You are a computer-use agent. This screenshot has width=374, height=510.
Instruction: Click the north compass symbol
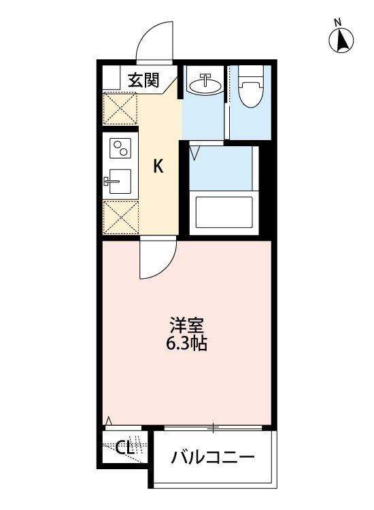click(x=342, y=41)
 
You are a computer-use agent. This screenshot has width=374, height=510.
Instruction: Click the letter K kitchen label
click(x=157, y=165)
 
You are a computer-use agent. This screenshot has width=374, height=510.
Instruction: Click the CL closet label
click(x=123, y=448)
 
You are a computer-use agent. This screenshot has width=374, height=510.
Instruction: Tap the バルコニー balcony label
click(x=212, y=456)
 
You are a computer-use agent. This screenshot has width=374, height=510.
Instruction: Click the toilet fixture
click(x=251, y=88)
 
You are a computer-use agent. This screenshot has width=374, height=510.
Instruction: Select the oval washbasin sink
click(x=205, y=85)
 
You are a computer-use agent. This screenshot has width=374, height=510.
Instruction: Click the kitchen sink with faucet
click(x=120, y=182)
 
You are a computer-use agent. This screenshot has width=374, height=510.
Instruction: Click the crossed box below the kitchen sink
click(x=120, y=217)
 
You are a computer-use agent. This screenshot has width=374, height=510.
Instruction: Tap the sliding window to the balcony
click(x=214, y=428)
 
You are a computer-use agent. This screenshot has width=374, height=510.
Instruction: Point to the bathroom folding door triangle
click(x=196, y=152)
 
